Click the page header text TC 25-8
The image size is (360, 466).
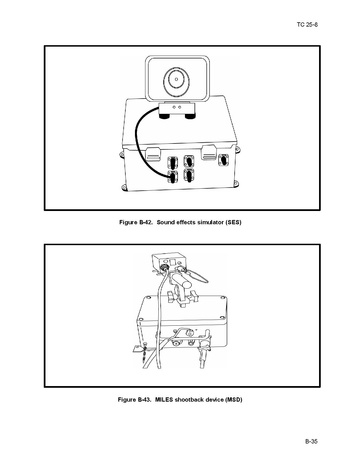coord(307,25)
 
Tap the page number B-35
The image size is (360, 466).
coord(311,441)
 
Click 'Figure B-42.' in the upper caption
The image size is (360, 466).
coord(136,222)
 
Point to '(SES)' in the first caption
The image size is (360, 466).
coord(234,222)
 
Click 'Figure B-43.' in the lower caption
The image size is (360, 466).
coord(135,399)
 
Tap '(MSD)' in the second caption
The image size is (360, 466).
coord(234,399)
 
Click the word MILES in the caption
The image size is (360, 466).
coord(164,399)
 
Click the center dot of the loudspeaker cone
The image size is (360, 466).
coord(176,79)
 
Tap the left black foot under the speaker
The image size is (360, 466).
coord(164,116)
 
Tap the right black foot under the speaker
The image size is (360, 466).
coord(190,116)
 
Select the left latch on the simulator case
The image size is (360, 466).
coord(153,153)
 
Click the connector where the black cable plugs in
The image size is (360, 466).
coord(173,176)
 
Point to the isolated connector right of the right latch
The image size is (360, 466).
coord(223,160)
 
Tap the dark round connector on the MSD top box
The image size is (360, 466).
coord(164,267)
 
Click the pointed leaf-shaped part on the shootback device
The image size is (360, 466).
coord(198,276)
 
